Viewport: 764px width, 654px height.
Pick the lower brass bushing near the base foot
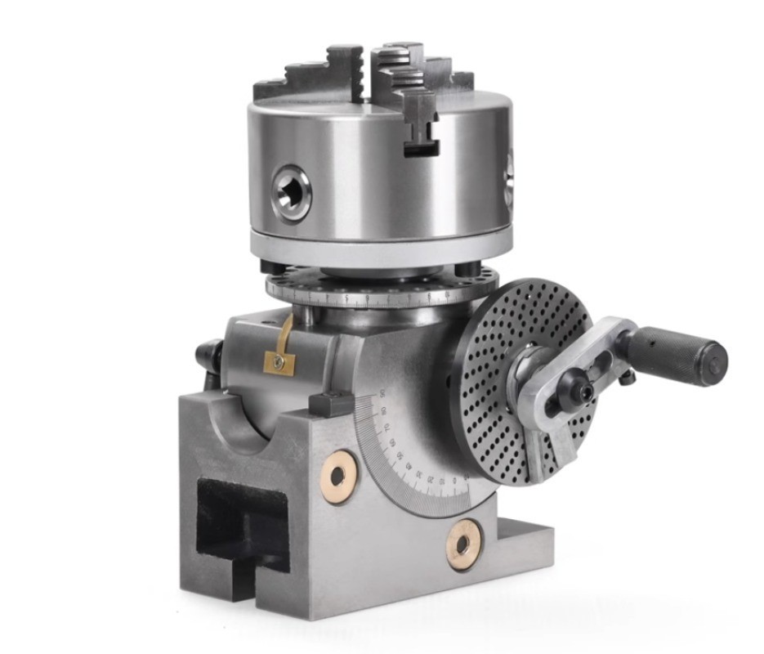tap(463, 544)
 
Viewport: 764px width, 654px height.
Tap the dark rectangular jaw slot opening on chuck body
tap(422, 148)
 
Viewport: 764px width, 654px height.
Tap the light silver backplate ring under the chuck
tap(380, 244)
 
